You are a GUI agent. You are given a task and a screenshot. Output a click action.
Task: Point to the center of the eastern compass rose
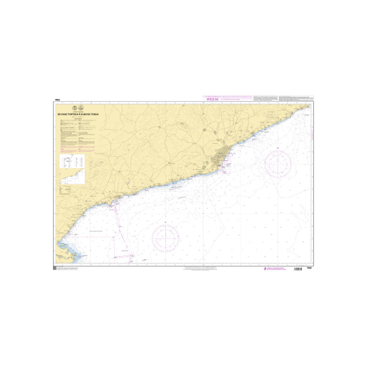278,163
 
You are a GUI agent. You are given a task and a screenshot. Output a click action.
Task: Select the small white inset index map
71,177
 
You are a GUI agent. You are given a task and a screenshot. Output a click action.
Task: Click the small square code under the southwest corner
55,268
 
